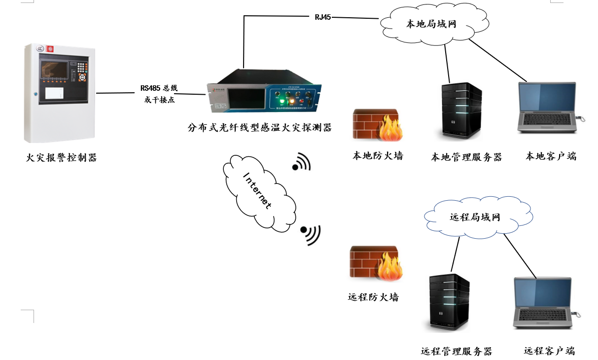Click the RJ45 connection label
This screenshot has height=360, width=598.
(323, 17)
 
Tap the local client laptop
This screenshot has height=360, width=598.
(548, 108)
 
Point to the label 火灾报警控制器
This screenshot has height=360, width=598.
(62, 158)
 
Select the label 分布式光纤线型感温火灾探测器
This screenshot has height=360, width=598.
(259, 128)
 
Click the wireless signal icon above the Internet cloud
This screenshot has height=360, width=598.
(302, 162)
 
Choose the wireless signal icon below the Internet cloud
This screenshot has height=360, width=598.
(311, 234)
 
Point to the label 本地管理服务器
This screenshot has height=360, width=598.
(466, 157)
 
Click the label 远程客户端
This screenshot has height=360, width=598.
(549, 351)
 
